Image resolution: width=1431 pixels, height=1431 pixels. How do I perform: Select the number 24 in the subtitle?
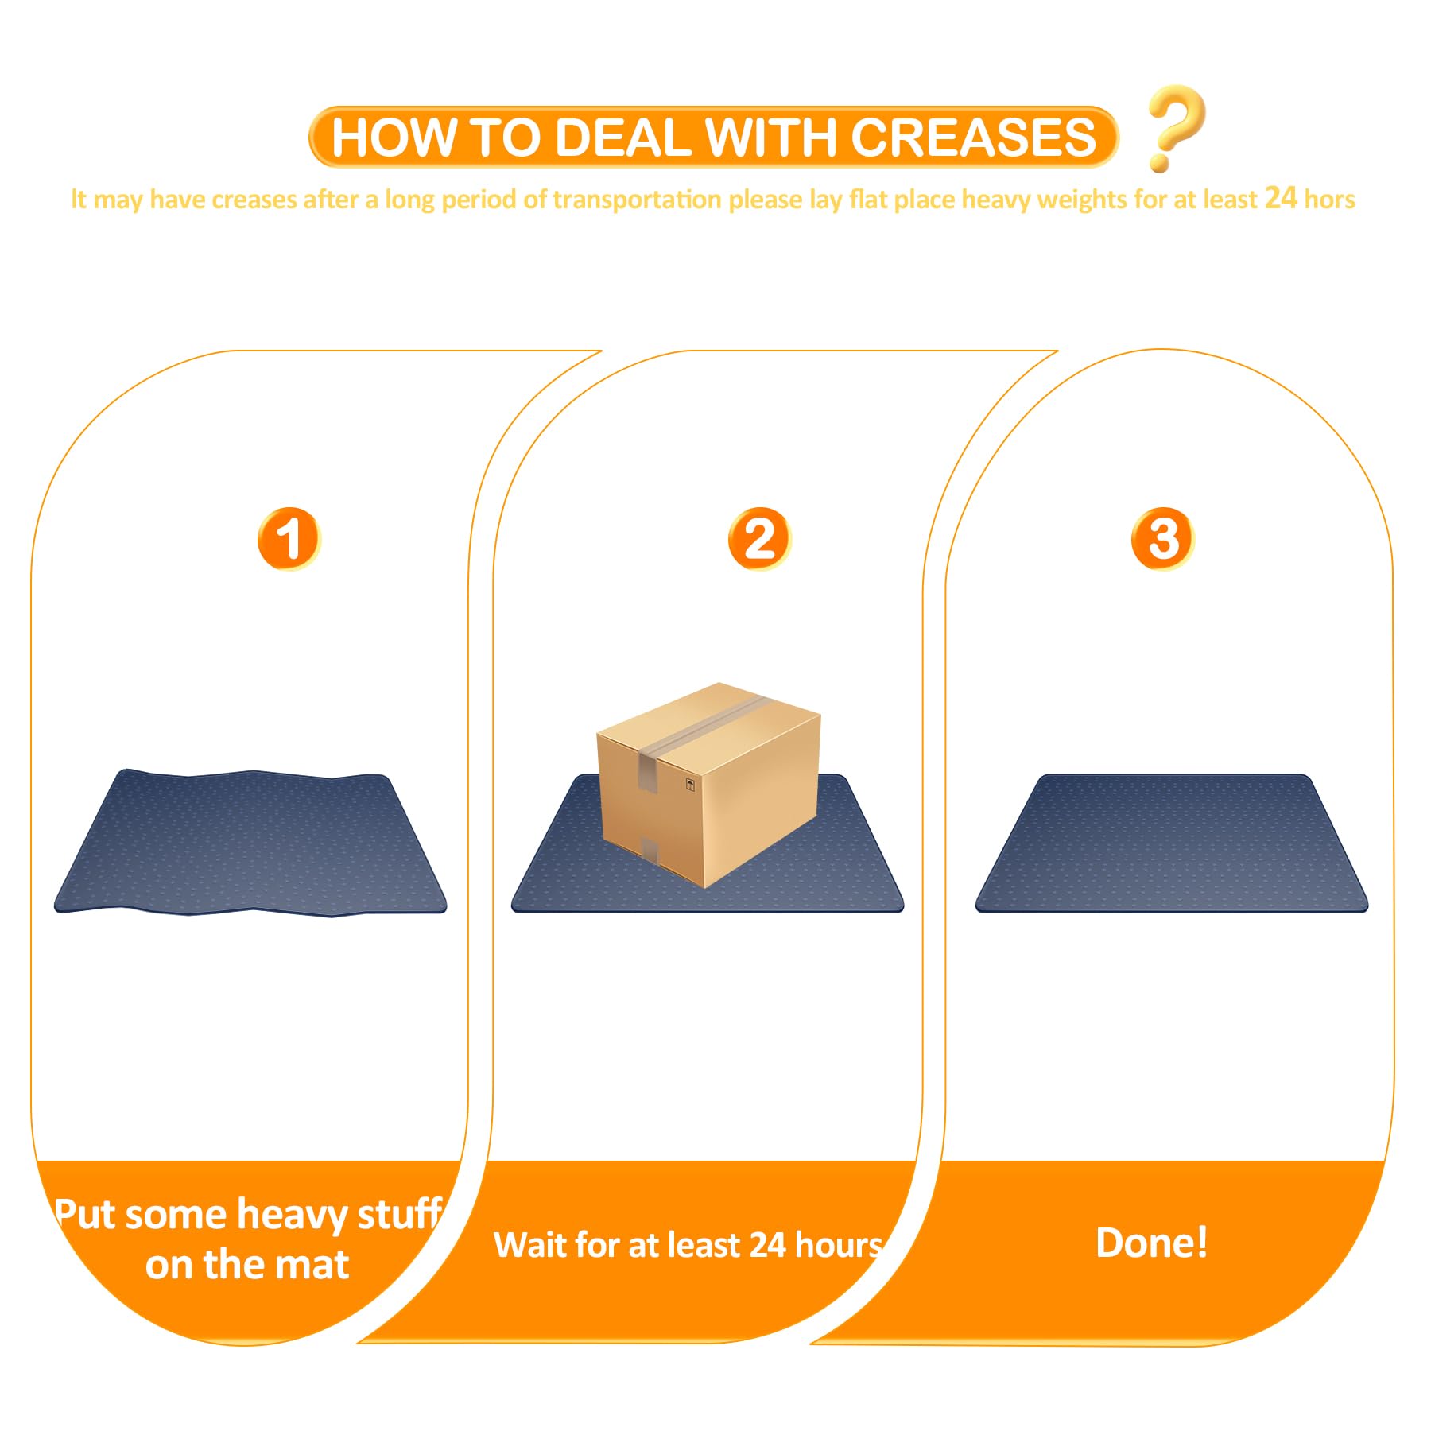tap(1281, 197)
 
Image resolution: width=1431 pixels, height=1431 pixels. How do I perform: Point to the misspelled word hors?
tap(1329, 199)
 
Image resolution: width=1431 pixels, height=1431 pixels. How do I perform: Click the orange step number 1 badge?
tap(289, 538)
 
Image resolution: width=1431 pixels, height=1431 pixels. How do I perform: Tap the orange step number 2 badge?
tap(760, 538)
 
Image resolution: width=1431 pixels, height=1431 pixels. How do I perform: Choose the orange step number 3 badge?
tap(1163, 538)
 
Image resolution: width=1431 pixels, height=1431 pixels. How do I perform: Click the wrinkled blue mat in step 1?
tap(250, 843)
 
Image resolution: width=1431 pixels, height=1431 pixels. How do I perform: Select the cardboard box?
tap(708, 785)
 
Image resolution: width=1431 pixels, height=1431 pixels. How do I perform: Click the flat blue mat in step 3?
tap(1172, 843)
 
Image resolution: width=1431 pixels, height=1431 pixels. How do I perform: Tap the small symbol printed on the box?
tap(690, 785)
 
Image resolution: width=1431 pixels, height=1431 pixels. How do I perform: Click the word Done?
tap(1152, 1242)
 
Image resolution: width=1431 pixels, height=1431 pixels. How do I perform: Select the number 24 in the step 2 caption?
tap(768, 1245)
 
